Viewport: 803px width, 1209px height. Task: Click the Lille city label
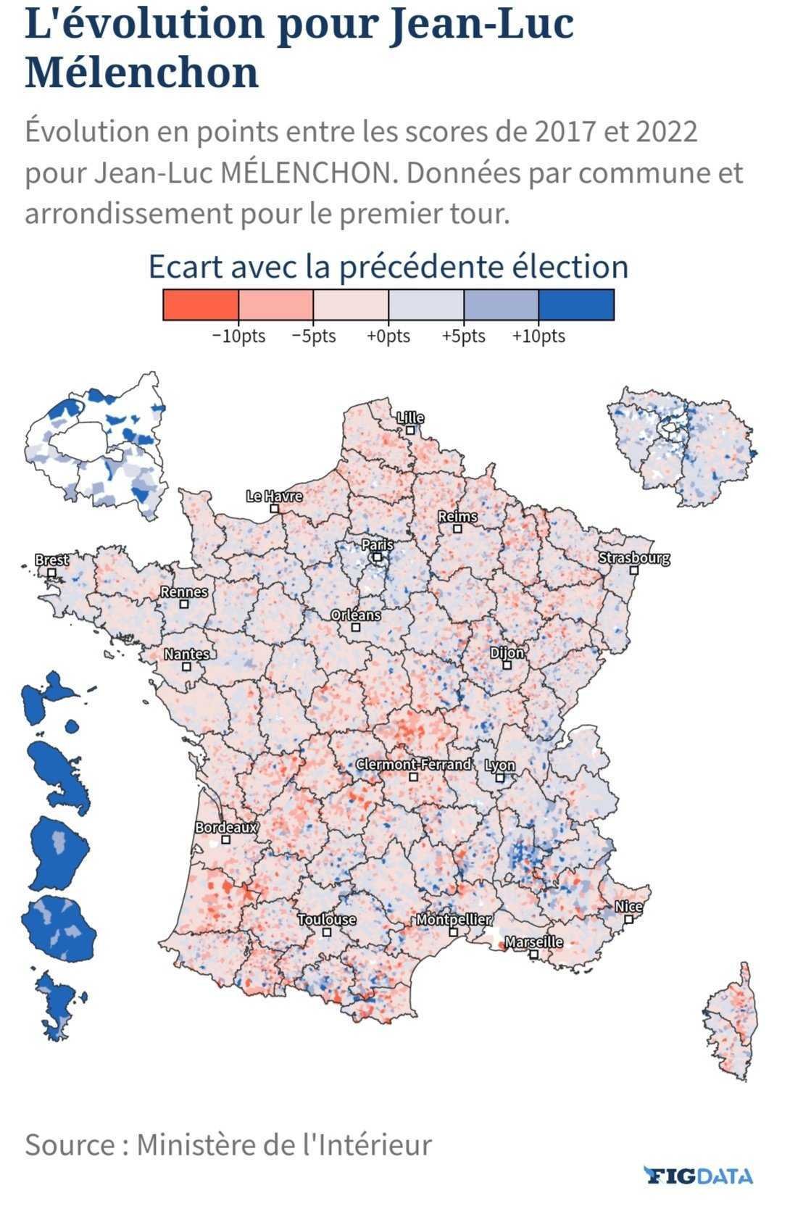click(410, 417)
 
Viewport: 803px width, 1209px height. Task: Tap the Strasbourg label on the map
click(634, 557)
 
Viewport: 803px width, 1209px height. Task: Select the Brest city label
click(51, 560)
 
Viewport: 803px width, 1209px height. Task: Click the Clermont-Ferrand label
click(413, 764)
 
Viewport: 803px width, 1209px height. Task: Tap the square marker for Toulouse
click(326, 932)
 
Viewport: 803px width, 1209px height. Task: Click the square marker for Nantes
click(186, 667)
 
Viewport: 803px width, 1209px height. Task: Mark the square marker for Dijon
click(507, 665)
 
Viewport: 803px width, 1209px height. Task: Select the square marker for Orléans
click(356, 627)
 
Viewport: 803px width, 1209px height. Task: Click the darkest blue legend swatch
click(576, 305)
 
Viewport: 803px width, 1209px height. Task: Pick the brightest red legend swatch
click(201, 305)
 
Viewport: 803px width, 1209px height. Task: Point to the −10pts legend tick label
click(238, 336)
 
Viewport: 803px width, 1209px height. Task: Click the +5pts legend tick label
click(464, 336)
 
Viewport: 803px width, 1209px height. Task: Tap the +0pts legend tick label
click(388, 336)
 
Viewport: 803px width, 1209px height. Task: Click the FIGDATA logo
click(699, 1175)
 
